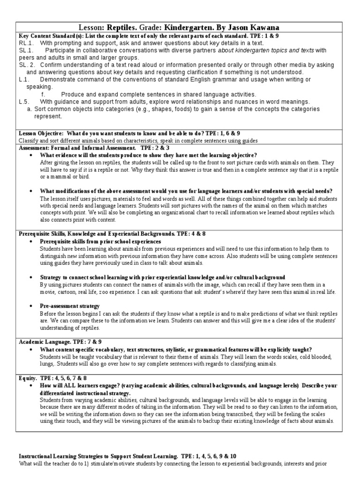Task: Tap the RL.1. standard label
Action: (25, 43)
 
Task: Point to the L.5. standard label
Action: (24, 101)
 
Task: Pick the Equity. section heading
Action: (27, 378)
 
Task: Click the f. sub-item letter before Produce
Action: (43, 94)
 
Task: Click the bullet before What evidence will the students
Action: (31, 155)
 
